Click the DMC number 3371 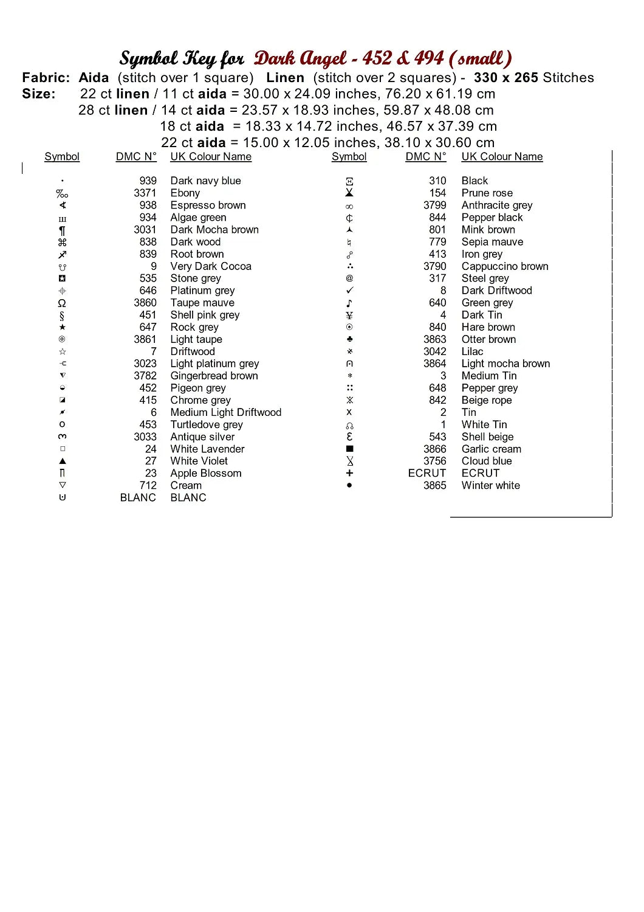coord(145,193)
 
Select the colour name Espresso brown coord(208,205)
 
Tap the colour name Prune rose coord(487,193)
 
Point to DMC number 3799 coord(434,205)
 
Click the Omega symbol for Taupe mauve coord(62,303)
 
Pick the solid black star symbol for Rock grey coord(62,327)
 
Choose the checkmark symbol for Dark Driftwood coord(349,291)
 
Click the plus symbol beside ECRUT coord(349,473)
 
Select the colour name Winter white coord(490,485)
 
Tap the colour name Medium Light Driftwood coord(225,412)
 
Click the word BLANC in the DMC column coord(138,497)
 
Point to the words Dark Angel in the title coord(301,58)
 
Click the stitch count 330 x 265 coord(506,78)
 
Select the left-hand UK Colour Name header coord(211,156)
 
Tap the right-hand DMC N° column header coord(425,156)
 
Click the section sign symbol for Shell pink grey coord(62,315)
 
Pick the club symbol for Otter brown coord(349,339)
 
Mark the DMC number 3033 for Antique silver coord(145,437)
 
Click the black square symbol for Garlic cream coord(349,449)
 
